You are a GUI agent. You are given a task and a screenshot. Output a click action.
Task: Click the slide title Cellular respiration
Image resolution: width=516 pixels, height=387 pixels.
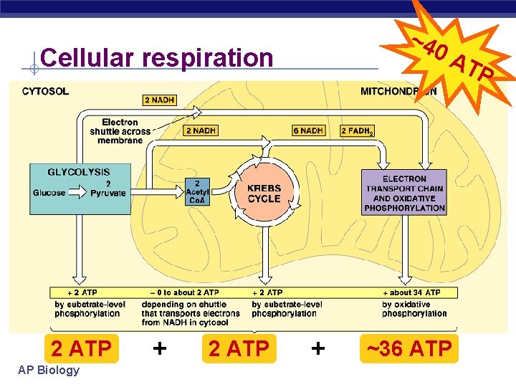click(157, 57)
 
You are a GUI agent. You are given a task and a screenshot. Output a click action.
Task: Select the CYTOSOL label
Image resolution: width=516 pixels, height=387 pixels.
click(46, 91)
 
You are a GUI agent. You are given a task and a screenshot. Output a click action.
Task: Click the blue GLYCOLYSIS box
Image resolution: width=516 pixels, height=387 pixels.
click(80, 188)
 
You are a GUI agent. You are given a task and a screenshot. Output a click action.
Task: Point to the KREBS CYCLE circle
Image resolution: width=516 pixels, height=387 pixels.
click(264, 193)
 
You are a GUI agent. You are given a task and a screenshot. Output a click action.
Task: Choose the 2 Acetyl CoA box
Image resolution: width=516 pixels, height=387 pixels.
click(196, 192)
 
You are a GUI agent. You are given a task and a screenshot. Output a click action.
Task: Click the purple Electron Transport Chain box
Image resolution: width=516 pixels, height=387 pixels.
click(404, 193)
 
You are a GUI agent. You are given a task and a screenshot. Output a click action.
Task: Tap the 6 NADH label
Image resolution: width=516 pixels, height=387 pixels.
click(308, 130)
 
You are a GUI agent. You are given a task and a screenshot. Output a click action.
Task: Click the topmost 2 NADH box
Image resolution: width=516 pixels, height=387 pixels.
click(159, 100)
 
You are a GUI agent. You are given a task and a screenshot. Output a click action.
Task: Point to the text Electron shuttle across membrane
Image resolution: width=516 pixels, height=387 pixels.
click(120, 131)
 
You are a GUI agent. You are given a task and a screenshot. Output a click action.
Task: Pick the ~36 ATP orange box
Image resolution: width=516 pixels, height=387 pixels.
click(409, 349)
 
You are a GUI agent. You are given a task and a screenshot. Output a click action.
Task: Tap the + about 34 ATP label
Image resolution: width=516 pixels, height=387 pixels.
click(414, 292)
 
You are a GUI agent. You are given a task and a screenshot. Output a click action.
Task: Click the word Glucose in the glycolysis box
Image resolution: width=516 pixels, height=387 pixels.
click(49, 193)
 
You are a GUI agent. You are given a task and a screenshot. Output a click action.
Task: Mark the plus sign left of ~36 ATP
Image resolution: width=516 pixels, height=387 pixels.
click(318, 349)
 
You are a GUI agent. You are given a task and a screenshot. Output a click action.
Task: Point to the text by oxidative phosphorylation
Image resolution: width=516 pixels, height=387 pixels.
click(414, 309)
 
